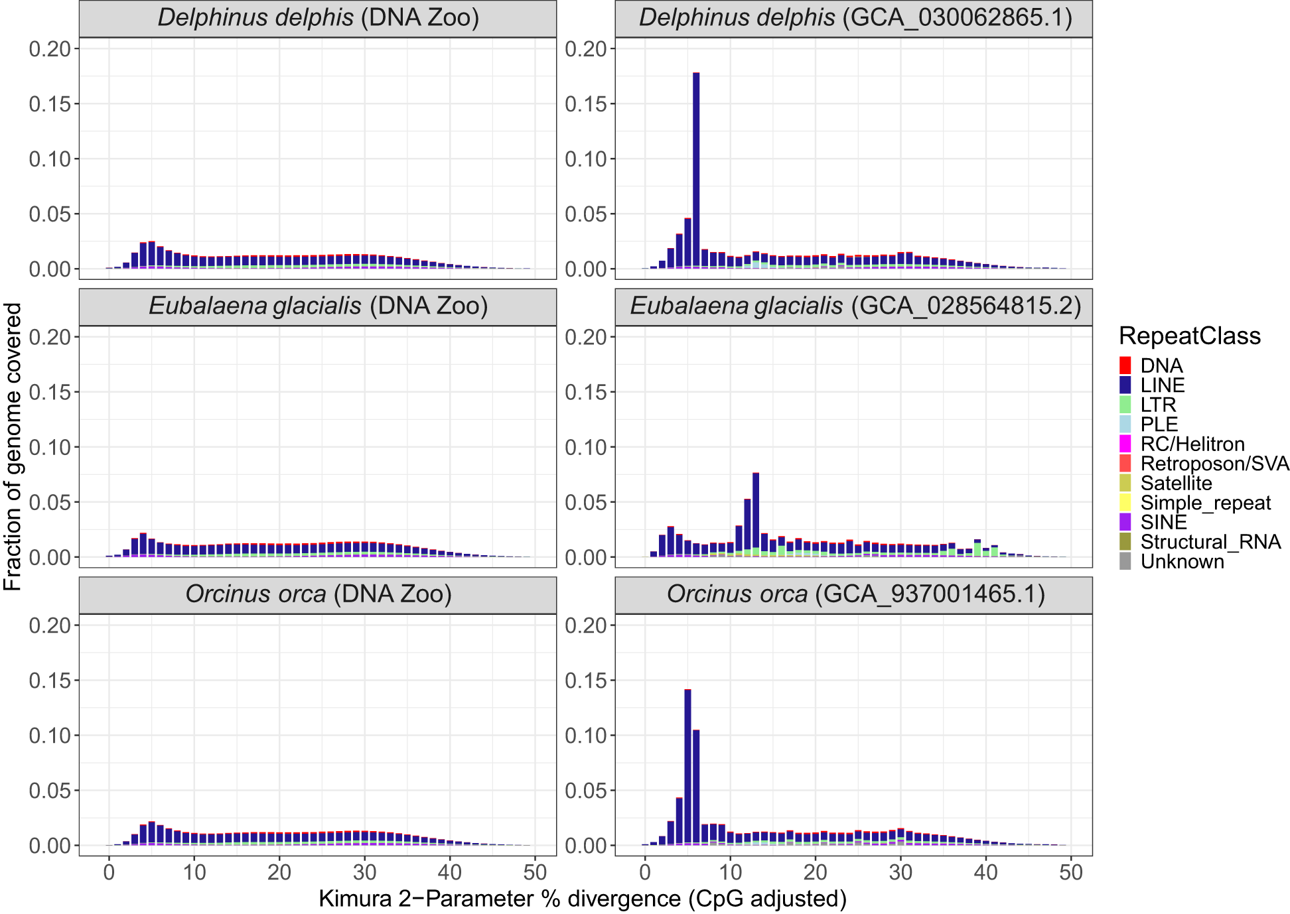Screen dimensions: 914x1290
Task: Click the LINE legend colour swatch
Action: point(1125,385)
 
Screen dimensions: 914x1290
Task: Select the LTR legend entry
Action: point(1157,405)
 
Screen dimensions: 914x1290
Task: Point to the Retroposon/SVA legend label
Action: point(1214,464)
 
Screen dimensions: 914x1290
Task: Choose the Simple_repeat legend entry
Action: point(1205,503)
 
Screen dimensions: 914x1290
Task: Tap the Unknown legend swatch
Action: point(1125,562)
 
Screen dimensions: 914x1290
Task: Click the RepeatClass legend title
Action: point(1189,336)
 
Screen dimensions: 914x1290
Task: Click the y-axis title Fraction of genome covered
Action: point(13,446)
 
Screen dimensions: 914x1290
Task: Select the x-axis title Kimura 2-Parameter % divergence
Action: point(583,899)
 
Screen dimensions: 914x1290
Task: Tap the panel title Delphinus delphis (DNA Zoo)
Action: point(318,18)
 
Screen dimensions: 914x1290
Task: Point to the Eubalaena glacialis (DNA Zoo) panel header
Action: point(318,306)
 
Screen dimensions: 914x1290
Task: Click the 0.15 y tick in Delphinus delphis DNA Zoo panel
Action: point(49,103)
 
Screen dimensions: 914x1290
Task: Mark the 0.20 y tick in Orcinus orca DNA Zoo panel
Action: point(49,625)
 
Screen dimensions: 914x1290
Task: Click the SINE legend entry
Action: point(1163,523)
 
